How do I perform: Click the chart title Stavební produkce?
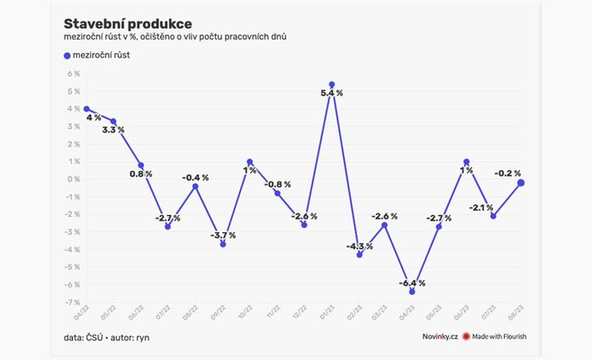tap(127, 22)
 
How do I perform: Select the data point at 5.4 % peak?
tap(332, 85)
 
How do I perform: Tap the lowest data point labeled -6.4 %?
tap(412, 292)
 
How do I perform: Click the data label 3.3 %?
tap(113, 130)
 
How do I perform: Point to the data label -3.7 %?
tap(222, 235)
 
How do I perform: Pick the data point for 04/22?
tap(85, 109)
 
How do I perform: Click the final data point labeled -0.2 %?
tap(521, 183)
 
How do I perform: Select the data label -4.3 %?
tap(360, 247)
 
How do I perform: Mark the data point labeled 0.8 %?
tap(140, 166)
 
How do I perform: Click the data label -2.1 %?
tap(481, 207)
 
